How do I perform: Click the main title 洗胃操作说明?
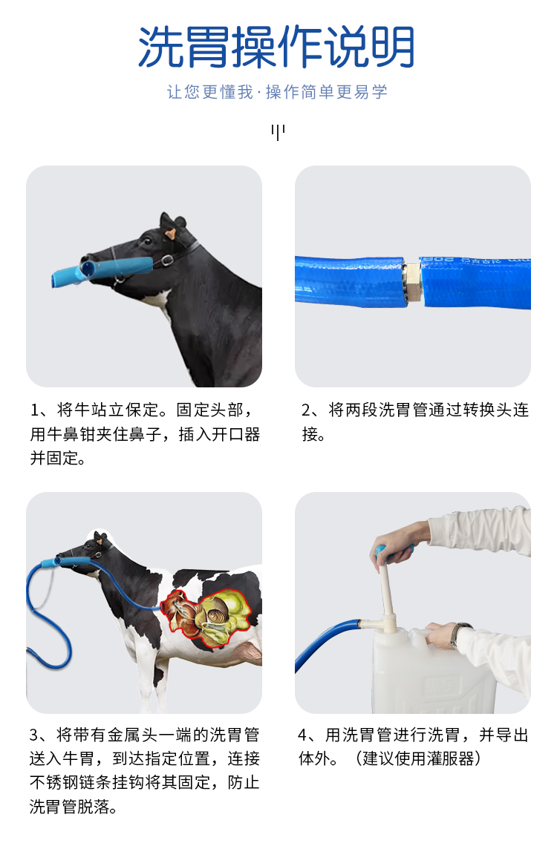pos(276,47)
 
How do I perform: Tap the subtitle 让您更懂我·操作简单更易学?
pos(278,92)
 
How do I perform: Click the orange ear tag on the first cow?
pos(170,235)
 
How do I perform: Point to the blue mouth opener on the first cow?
pos(102,270)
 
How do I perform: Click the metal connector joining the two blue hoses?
pos(412,281)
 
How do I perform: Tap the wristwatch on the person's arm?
pos(459,635)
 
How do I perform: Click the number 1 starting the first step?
pos(35,410)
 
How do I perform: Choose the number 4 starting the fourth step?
pos(303,735)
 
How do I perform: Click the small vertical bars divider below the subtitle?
pos(278,131)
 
